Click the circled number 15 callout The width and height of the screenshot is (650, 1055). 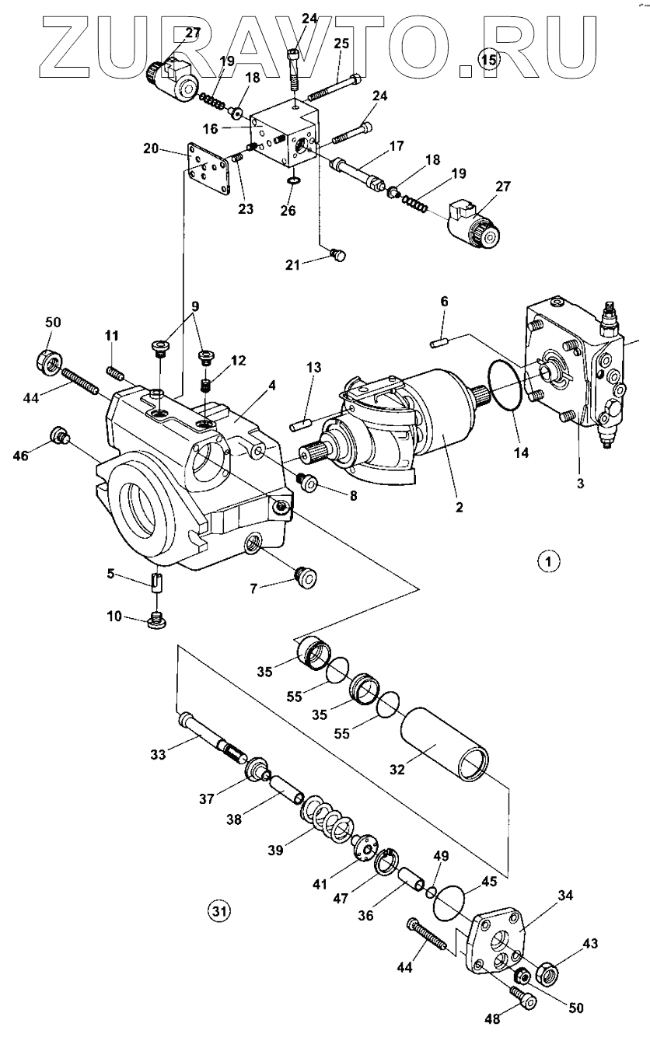(x=488, y=59)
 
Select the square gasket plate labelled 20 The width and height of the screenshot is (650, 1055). (x=208, y=169)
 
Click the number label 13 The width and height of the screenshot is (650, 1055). (x=314, y=367)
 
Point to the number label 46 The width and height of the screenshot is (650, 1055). (x=21, y=456)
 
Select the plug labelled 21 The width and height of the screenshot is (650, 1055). (x=337, y=255)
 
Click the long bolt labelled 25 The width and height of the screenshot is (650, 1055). (x=334, y=88)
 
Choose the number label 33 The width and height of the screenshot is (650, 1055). (x=159, y=754)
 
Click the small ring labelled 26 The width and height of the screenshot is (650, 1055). (x=292, y=181)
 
